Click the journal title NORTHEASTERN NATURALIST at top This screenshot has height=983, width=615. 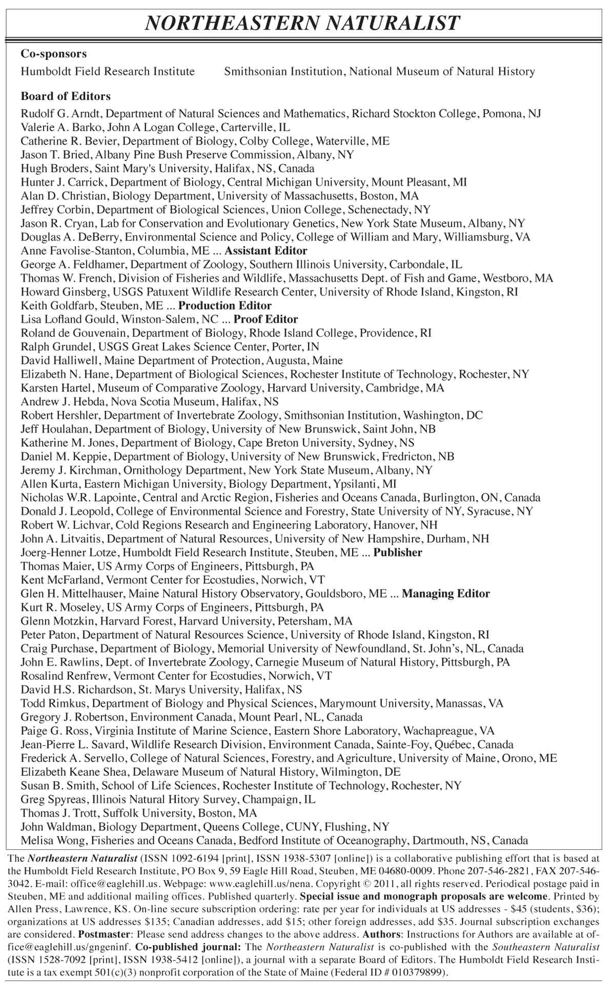302,24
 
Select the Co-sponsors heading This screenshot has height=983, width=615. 54,54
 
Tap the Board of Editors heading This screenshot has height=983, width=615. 66,96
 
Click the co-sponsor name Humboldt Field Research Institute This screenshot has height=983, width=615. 108,72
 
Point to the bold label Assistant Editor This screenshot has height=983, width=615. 266,251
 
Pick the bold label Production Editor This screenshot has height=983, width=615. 225,306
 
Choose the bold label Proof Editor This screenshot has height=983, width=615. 266,320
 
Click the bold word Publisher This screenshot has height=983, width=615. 398,553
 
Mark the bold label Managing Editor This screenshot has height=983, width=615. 446,594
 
